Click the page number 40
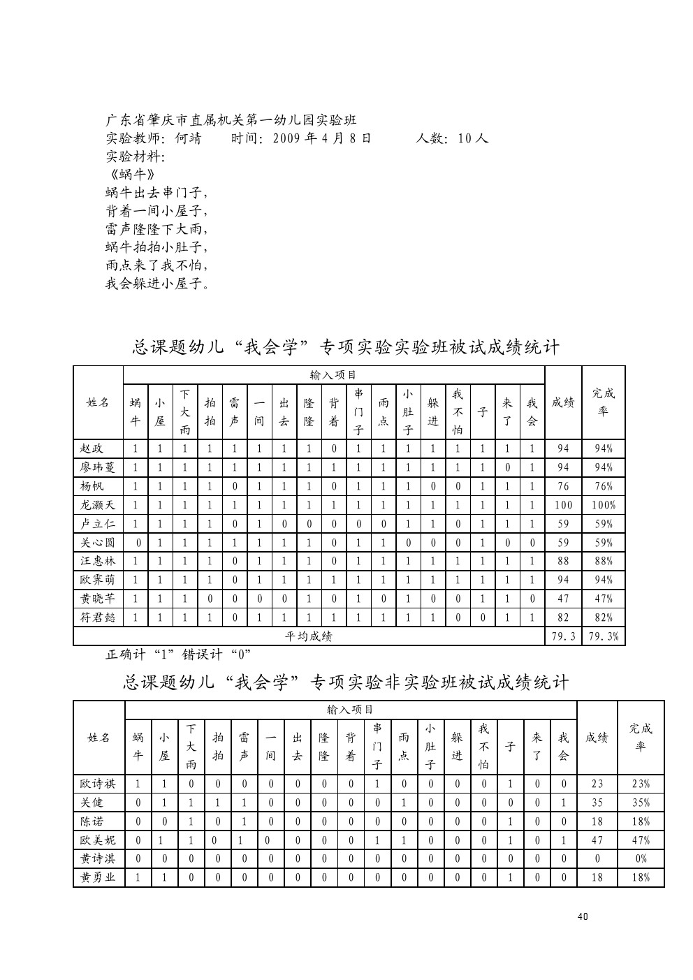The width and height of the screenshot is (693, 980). (x=583, y=916)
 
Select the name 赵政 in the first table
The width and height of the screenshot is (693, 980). (x=92, y=449)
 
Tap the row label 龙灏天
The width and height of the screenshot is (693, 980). (x=97, y=505)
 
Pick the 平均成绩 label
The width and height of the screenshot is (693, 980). (x=309, y=636)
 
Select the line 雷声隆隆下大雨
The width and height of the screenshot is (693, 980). (x=157, y=229)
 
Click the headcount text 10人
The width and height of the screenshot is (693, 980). (x=473, y=138)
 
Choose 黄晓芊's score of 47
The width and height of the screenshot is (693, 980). (x=563, y=599)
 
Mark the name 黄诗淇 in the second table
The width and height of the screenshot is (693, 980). (x=98, y=859)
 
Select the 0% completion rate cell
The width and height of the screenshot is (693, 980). (x=641, y=859)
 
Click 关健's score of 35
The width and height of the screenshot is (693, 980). (x=597, y=803)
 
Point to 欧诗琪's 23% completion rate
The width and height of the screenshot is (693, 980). (x=641, y=784)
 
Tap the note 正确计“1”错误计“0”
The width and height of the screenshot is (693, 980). (x=178, y=654)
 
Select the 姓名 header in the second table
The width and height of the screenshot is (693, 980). (x=99, y=738)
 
